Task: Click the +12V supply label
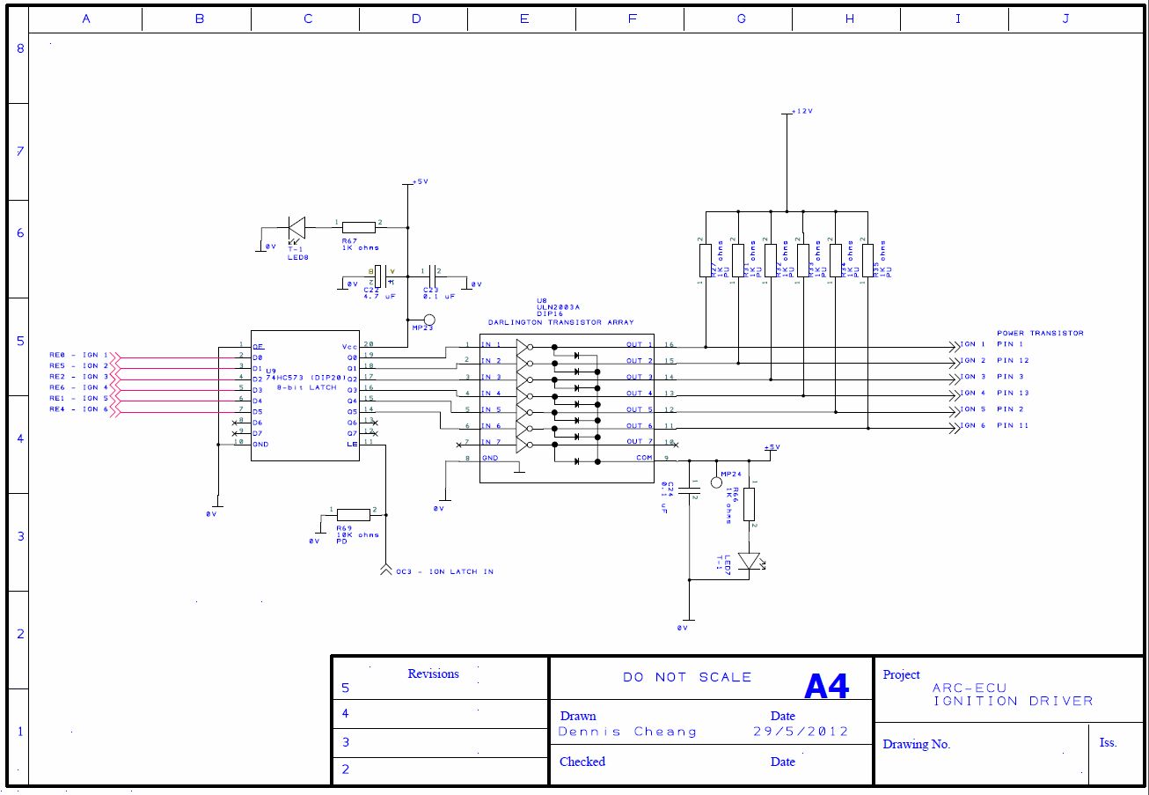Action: pyautogui.click(x=801, y=113)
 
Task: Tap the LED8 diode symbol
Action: pyautogui.click(x=296, y=229)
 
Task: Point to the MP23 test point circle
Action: pyautogui.click(x=429, y=320)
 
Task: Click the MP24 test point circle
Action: pyautogui.click(x=717, y=482)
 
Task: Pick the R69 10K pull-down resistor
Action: pyautogui.click(x=354, y=515)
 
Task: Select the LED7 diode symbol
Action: pyautogui.click(x=749, y=560)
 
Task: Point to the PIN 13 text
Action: pyautogui.click(x=1013, y=393)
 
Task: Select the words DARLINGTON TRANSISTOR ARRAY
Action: pyautogui.click(x=560, y=322)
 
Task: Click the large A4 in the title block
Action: pyautogui.click(x=826, y=687)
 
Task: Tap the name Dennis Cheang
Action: pyautogui.click(x=627, y=732)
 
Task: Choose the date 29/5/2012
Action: pyautogui.click(x=801, y=732)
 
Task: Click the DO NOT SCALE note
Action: pyautogui.click(x=687, y=677)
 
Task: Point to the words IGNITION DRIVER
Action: pyautogui.click(x=1013, y=702)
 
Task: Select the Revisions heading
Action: pyautogui.click(x=433, y=674)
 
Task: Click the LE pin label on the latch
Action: pyautogui.click(x=352, y=444)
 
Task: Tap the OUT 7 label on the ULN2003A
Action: pyautogui.click(x=640, y=442)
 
